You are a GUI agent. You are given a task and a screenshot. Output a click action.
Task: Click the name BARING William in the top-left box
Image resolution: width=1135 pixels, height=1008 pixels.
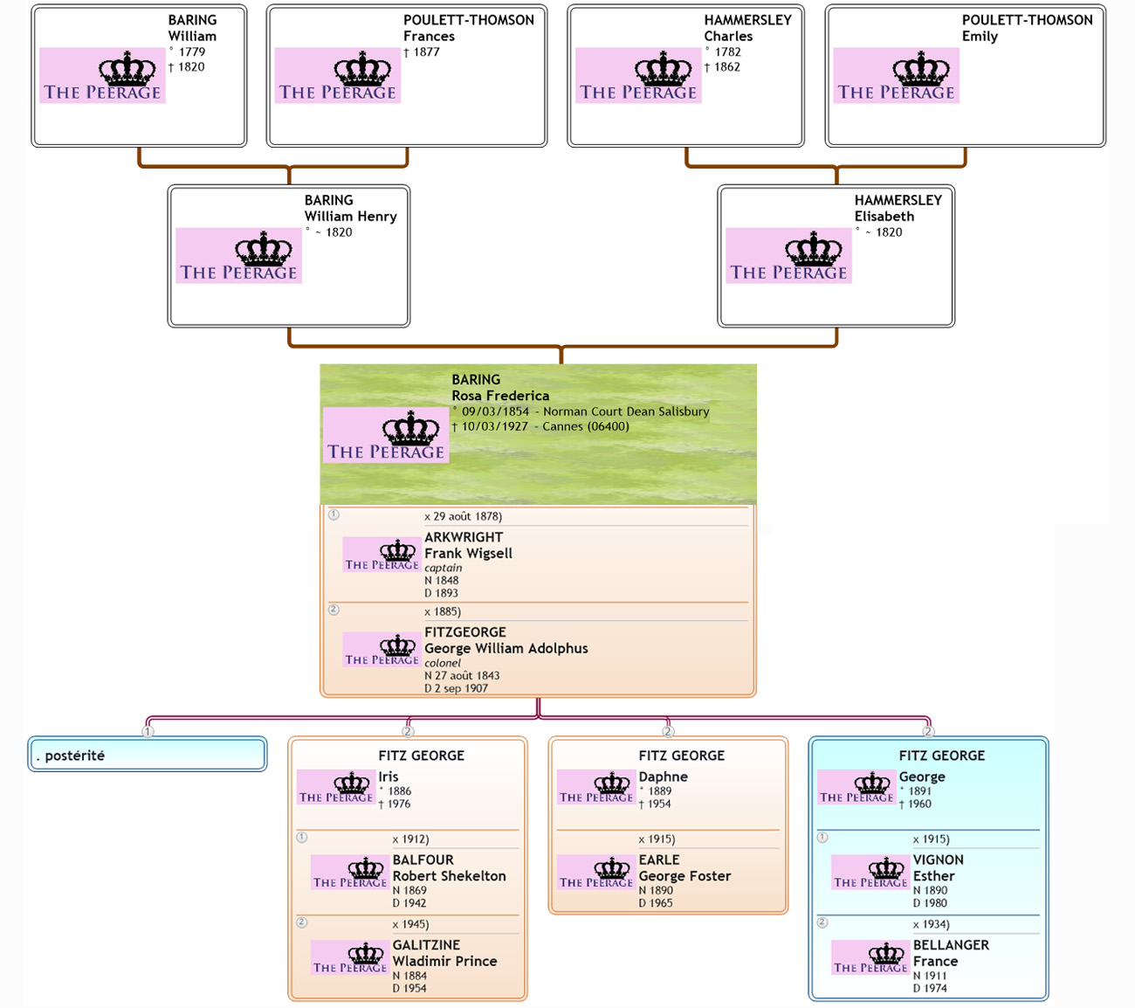point(192,28)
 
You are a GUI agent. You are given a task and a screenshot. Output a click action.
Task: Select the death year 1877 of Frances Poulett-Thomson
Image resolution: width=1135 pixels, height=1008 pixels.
point(426,52)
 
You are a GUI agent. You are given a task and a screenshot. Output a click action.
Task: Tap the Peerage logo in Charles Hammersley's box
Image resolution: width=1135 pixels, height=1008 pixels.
point(638,76)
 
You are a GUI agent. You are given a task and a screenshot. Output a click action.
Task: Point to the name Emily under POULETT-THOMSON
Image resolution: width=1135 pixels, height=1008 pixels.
point(980,37)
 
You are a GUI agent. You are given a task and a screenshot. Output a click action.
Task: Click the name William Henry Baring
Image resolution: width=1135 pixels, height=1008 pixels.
point(350,217)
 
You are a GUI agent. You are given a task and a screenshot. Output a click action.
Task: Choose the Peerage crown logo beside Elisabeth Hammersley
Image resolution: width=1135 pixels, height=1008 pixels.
point(788,256)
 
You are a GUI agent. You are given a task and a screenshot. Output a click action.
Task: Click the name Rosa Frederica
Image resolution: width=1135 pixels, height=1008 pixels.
point(500,396)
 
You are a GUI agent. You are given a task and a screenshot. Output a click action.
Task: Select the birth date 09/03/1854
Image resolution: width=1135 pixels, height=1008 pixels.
point(495,411)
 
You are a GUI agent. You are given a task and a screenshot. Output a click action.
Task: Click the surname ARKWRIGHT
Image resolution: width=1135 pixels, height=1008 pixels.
point(464,537)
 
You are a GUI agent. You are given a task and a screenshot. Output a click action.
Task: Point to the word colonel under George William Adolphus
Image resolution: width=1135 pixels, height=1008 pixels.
point(443,663)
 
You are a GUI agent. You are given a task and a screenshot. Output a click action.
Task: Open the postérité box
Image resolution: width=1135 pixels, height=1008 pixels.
point(147,756)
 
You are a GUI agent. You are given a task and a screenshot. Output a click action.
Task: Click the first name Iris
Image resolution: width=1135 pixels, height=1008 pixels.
point(389,777)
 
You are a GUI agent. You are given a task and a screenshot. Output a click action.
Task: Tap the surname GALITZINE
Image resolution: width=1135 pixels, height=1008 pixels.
point(426,945)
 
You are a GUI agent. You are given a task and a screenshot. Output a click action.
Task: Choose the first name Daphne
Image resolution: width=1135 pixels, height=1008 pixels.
point(663,777)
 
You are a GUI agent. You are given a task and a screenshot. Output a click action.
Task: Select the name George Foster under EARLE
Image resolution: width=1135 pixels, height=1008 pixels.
point(684,876)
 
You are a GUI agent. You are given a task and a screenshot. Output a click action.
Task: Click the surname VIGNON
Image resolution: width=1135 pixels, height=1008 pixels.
point(939,860)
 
